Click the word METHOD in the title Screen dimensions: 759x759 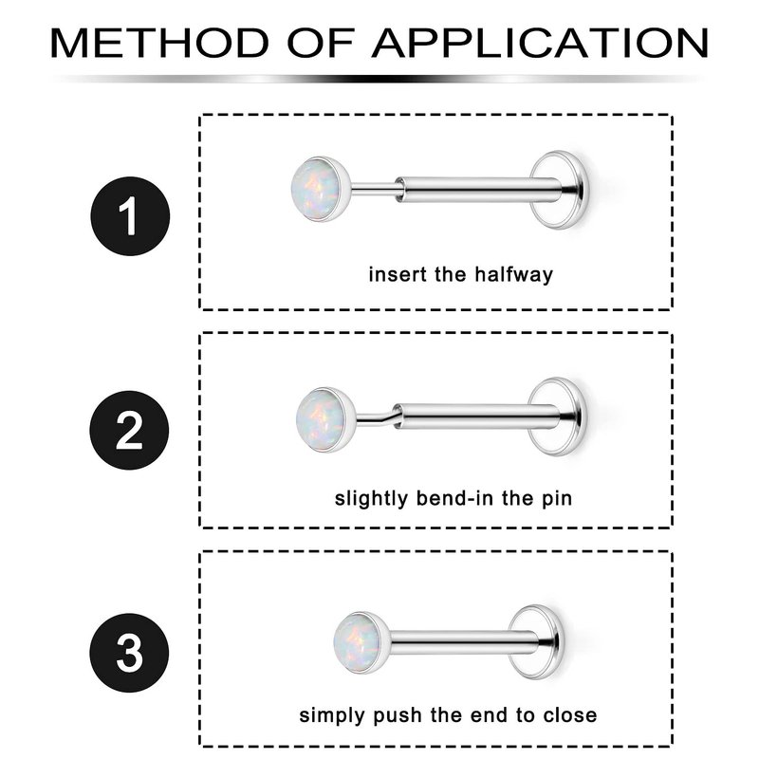(x=159, y=44)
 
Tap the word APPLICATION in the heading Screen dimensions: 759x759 (x=540, y=44)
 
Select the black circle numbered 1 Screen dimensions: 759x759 (x=130, y=216)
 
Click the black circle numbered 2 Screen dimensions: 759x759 (x=129, y=431)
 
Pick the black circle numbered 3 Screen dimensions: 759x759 (x=129, y=653)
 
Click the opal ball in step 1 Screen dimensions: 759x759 (x=320, y=189)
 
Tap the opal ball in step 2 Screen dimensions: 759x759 (x=325, y=419)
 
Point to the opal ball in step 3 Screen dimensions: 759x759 (x=361, y=643)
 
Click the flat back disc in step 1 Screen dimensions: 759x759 (x=560, y=190)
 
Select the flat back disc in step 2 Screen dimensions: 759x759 (x=558, y=417)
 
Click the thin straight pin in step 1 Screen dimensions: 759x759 (x=375, y=189)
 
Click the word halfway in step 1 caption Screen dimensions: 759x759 (x=513, y=274)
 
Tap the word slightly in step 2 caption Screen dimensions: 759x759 (x=371, y=499)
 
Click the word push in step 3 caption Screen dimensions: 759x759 (x=397, y=715)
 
